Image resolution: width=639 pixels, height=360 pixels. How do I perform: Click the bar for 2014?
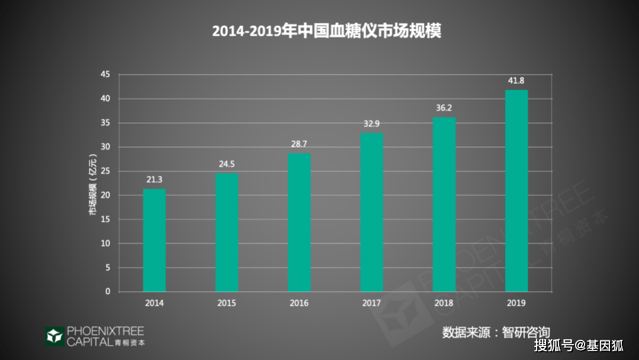pyautogui.click(x=154, y=240)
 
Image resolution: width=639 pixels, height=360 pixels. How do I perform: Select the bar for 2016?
pyautogui.click(x=299, y=222)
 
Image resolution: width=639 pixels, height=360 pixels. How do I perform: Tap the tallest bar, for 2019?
pyautogui.click(x=517, y=191)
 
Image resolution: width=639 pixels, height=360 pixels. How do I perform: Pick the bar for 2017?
pyautogui.click(x=372, y=212)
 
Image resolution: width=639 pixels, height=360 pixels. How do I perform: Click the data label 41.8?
pyautogui.click(x=517, y=81)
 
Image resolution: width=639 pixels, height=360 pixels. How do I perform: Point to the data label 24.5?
pyautogui.click(x=227, y=164)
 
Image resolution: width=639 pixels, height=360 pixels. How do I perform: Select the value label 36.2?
pyautogui.click(x=444, y=108)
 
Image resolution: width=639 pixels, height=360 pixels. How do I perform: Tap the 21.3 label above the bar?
pyautogui.click(x=154, y=179)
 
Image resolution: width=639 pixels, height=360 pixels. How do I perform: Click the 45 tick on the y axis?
pyautogui.click(x=105, y=75)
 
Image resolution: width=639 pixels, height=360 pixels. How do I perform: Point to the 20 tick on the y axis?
pyautogui.click(x=105, y=195)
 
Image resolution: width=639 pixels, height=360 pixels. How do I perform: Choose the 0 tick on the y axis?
pyautogui.click(x=108, y=291)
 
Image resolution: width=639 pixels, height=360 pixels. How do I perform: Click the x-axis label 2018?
pyautogui.click(x=444, y=303)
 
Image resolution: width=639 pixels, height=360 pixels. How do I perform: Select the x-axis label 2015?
pyautogui.click(x=227, y=303)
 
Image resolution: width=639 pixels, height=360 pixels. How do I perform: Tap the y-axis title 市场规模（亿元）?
pyautogui.click(x=93, y=183)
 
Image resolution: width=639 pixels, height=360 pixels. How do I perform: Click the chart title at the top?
pyautogui.click(x=327, y=31)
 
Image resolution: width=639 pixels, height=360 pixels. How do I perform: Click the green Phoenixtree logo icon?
pyautogui.click(x=54, y=336)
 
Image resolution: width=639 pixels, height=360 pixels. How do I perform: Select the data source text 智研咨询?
pyautogui.click(x=526, y=332)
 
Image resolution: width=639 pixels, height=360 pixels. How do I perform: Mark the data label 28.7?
pyautogui.click(x=299, y=144)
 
